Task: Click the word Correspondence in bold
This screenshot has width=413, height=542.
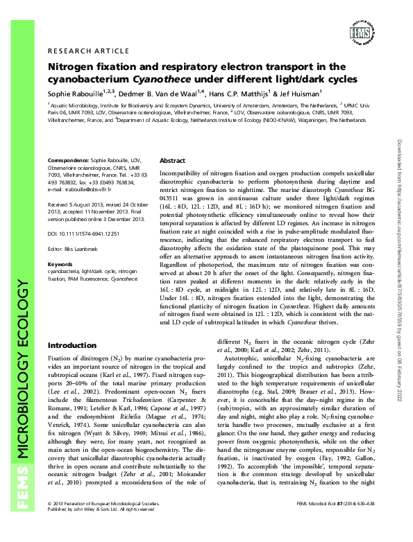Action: coord(70,160)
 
